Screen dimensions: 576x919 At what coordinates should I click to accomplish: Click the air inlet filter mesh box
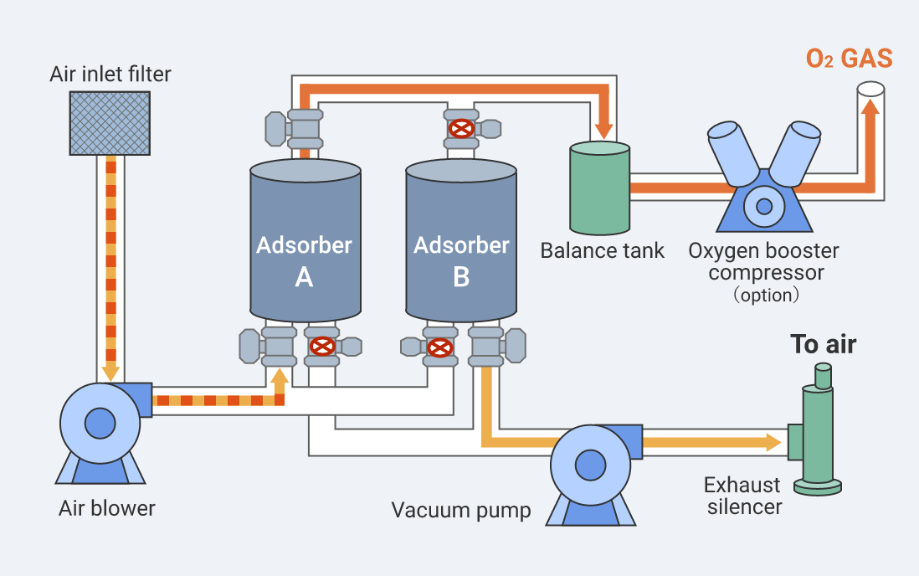[x=110, y=122]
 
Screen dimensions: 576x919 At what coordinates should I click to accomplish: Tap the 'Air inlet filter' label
[x=110, y=75]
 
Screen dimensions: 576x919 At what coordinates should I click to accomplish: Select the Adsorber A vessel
[x=305, y=243]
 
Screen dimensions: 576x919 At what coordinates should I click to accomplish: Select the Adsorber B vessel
[x=461, y=243]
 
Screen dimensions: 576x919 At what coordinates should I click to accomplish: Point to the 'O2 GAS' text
[x=848, y=59]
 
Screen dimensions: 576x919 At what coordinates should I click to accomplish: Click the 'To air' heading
[x=824, y=344]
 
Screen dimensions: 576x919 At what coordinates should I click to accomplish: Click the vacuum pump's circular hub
[x=591, y=466]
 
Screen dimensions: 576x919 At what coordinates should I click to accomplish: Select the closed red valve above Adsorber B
[x=460, y=128]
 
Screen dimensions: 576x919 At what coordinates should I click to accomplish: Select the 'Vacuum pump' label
[x=460, y=511]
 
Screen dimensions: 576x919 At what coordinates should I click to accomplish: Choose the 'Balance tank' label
[x=602, y=250]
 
